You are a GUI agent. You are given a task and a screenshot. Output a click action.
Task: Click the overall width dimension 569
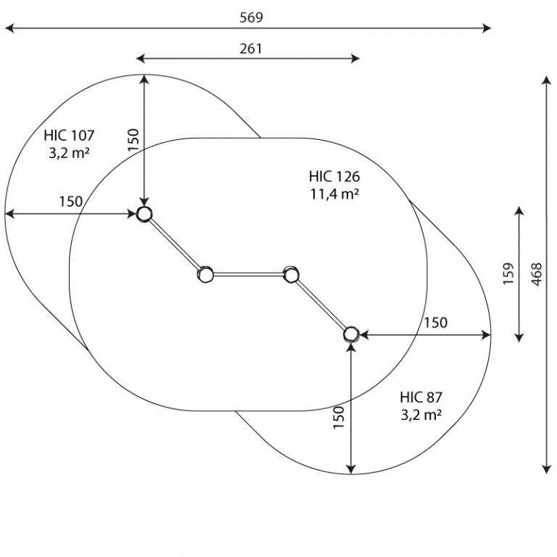click(251, 17)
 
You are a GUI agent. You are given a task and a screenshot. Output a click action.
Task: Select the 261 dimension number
click(251, 49)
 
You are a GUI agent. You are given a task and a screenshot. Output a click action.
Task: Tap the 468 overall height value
click(537, 274)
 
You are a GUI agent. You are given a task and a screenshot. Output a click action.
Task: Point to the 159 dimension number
click(508, 273)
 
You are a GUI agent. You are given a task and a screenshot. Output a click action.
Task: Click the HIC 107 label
click(70, 136)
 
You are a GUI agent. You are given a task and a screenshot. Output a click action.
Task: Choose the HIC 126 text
click(334, 176)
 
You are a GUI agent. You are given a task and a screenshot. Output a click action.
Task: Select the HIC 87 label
click(421, 397)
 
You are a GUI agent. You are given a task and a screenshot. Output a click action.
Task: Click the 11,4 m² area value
click(334, 194)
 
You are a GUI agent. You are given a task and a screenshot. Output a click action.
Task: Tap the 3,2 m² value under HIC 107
click(69, 153)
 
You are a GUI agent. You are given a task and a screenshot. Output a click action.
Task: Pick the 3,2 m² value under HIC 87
click(421, 415)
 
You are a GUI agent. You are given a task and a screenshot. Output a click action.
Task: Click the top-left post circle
click(144, 214)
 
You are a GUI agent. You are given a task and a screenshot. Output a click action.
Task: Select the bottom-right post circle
click(351, 334)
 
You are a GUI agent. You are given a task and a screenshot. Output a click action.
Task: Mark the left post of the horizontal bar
click(205, 275)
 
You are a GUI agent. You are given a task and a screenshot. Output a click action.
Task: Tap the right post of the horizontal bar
click(292, 275)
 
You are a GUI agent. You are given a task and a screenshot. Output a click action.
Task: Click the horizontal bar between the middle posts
click(248, 274)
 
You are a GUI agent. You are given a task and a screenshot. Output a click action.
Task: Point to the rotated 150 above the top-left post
click(133, 140)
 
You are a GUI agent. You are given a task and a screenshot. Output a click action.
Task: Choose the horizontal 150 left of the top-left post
click(70, 202)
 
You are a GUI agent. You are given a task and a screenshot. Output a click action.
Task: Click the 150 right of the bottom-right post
click(435, 323)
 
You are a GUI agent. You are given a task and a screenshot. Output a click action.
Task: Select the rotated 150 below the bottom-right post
click(339, 418)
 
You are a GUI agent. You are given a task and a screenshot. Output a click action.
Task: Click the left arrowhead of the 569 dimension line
click(9, 28)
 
